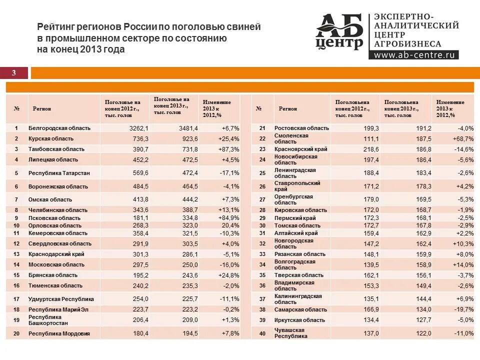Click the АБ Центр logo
pyautogui.click(x=339, y=32)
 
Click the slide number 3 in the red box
pyautogui.click(x=14, y=73)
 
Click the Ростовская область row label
pyautogui.click(x=301, y=128)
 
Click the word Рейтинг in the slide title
pyautogui.click(x=56, y=26)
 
